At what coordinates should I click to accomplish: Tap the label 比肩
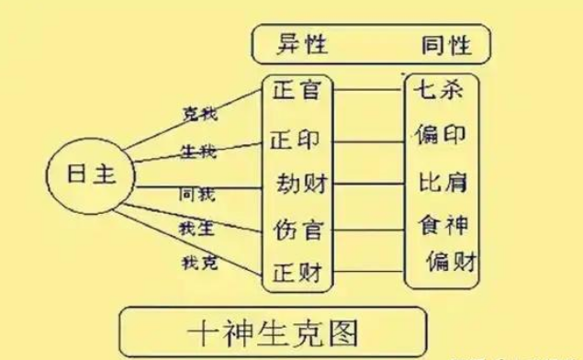coord(443,180)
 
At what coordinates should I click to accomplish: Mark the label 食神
coord(444,223)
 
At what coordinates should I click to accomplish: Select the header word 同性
coord(445,43)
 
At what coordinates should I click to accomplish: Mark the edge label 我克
coord(198,264)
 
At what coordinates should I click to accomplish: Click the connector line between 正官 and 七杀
coord(369,90)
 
